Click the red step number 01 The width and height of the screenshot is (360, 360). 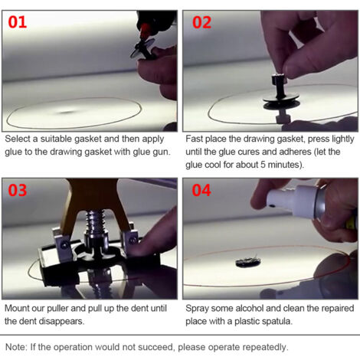[x=18, y=22]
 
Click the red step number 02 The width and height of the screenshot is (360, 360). [x=201, y=22]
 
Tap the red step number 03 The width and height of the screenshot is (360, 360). [x=18, y=190]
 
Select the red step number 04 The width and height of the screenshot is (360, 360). [x=201, y=190]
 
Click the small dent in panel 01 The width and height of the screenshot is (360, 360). [x=67, y=112]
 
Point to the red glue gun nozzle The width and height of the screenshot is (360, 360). [x=145, y=30]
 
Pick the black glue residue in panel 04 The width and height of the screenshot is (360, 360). [x=248, y=262]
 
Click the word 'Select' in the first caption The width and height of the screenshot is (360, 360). [x=18, y=139]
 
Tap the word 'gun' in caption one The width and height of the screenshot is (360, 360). [x=161, y=152]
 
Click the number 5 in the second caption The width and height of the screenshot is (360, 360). [x=263, y=165]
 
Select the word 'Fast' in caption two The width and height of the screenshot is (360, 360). [x=195, y=139]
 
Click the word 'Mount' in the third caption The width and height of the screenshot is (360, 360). [x=17, y=308]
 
